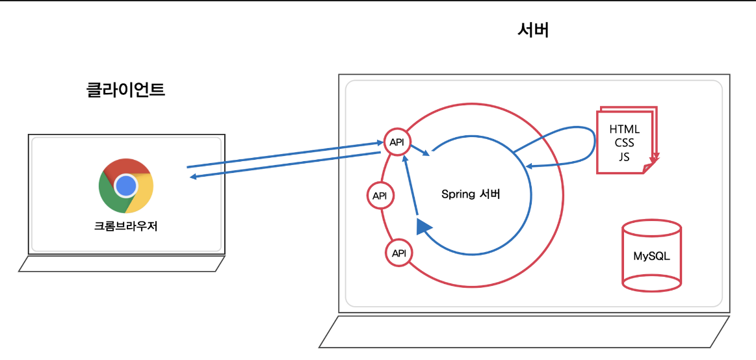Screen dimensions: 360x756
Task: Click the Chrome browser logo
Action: click(x=126, y=186)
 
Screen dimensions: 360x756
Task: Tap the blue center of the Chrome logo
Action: click(x=126, y=186)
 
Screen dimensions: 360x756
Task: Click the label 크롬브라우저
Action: click(x=126, y=227)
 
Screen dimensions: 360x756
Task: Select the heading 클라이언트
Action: click(x=125, y=90)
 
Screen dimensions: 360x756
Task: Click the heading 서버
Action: click(x=534, y=30)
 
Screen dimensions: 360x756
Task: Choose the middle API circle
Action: click(x=380, y=195)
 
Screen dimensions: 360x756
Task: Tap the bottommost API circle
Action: click(x=398, y=253)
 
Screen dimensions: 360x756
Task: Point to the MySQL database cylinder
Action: click(x=651, y=255)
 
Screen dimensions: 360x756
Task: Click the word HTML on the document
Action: click(x=624, y=129)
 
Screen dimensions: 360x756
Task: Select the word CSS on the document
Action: click(x=624, y=143)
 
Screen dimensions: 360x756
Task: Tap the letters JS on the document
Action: click(x=624, y=157)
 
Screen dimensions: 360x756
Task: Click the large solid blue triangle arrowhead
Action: click(x=423, y=226)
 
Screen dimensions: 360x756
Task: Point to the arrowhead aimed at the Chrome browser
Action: click(x=193, y=175)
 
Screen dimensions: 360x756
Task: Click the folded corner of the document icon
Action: click(x=647, y=169)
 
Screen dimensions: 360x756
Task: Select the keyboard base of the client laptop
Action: click(x=122, y=263)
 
